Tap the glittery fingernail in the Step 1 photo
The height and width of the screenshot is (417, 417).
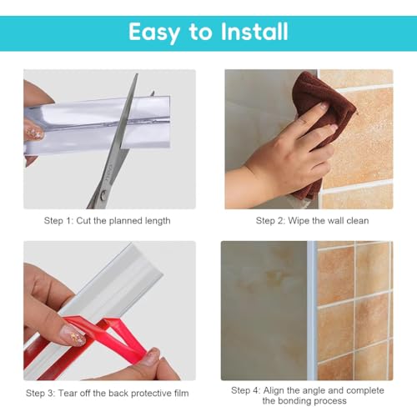(x=33, y=133)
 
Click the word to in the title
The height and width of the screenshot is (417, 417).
(x=199, y=32)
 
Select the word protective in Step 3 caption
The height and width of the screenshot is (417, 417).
(x=147, y=394)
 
